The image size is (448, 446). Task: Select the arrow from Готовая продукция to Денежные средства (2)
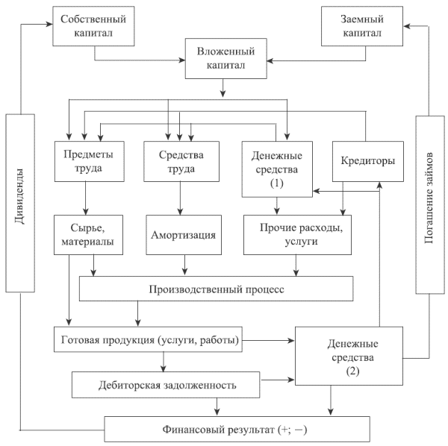pyautogui.click(x=269, y=341)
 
